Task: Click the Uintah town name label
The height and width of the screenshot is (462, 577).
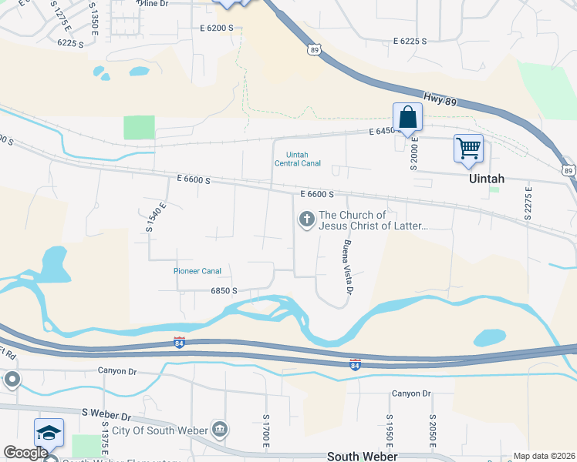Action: (x=487, y=179)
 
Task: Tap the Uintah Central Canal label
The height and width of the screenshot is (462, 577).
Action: (x=297, y=159)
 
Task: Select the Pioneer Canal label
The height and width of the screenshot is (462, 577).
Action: (x=197, y=271)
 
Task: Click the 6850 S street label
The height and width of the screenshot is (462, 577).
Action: (x=224, y=291)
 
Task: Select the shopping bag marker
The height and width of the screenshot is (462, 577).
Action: (x=407, y=119)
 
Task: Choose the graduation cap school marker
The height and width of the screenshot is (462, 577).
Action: (x=49, y=434)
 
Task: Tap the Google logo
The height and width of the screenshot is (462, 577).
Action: (x=25, y=453)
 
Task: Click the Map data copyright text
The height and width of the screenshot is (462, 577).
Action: (x=543, y=456)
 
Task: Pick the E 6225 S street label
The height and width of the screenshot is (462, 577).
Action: (x=410, y=41)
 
